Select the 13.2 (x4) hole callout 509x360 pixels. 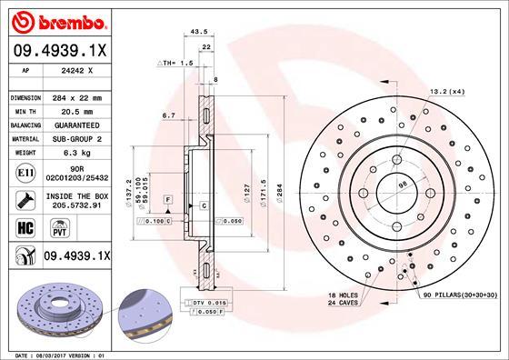(446, 91)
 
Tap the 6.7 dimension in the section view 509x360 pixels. (168, 115)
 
